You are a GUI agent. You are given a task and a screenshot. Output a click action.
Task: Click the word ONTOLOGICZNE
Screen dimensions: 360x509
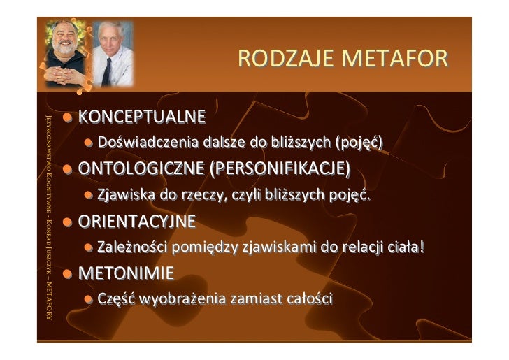141,168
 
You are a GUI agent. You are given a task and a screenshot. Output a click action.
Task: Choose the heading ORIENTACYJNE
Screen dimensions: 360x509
137,222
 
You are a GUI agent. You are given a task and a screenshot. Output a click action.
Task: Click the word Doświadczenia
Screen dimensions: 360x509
148,143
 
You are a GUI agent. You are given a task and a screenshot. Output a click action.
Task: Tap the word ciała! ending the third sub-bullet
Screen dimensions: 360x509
406,247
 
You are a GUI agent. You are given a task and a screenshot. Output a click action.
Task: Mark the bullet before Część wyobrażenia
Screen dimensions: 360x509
89,300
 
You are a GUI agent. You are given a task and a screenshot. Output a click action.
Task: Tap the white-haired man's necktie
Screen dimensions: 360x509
107,72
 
